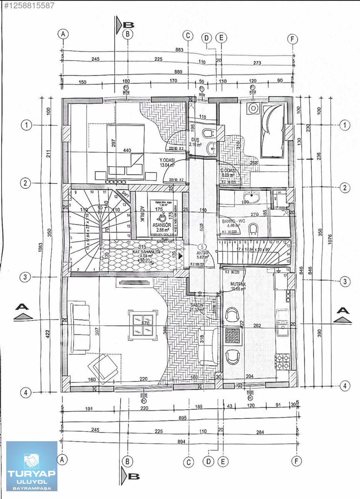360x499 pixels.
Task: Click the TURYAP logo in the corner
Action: tap(32, 466)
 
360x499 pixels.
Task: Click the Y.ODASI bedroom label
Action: tap(166, 160)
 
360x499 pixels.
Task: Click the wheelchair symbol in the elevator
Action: tap(163, 216)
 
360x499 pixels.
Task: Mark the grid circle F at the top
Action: tap(293, 39)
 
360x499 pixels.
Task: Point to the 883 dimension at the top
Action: tap(179, 50)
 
